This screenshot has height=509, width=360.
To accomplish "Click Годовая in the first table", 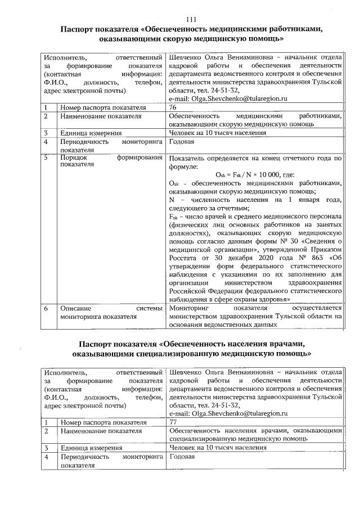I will point(182,143).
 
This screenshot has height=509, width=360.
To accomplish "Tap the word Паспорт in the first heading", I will point(79,30).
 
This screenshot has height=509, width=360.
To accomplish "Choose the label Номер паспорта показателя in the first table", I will point(103,107).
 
